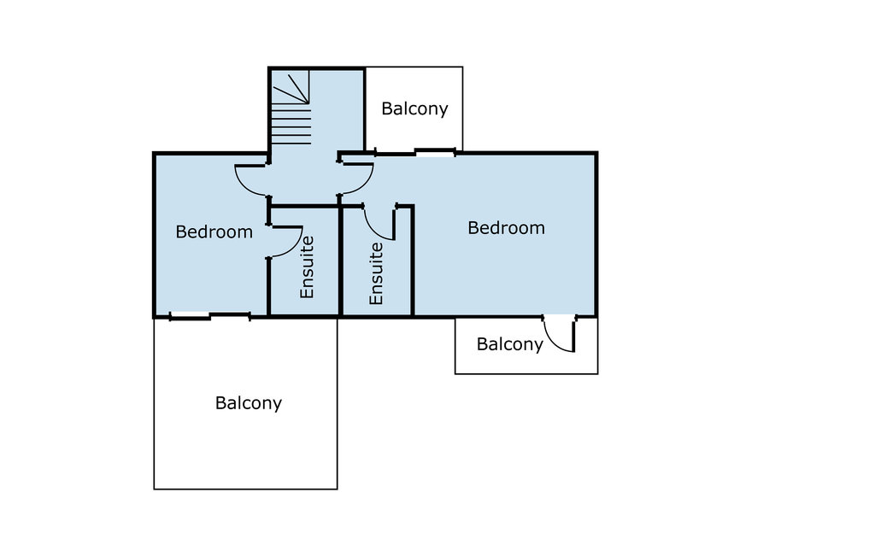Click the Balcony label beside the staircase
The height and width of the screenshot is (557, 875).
click(414, 108)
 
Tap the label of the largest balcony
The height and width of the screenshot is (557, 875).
click(248, 403)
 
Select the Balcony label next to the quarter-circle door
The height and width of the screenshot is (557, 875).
click(509, 344)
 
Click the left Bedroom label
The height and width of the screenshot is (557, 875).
click(214, 232)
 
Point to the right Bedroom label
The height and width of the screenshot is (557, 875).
click(506, 228)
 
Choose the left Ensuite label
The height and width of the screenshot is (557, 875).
click(308, 267)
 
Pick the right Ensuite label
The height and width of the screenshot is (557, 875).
click(377, 273)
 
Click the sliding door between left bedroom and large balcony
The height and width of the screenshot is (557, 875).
click(209, 316)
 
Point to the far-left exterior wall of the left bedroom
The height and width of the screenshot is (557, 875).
click(155, 235)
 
